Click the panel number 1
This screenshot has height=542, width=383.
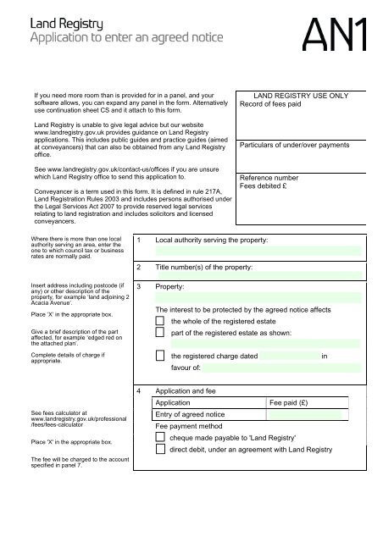(138, 241)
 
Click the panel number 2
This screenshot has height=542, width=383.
(138, 268)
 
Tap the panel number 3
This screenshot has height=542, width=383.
(138, 288)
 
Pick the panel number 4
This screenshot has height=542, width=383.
(138, 393)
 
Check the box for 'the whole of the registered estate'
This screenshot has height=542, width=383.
(162, 323)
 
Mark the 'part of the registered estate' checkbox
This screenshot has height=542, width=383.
(162, 335)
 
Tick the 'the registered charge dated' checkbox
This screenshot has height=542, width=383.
(162, 357)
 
